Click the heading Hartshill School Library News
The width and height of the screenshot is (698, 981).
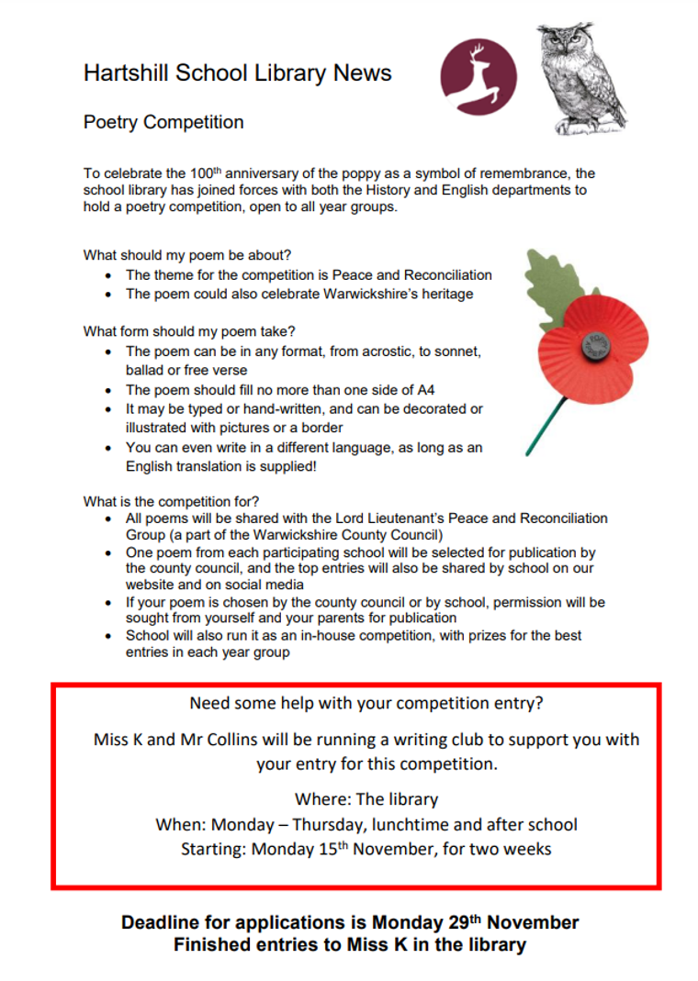[237, 74]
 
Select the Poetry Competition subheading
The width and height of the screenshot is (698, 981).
[163, 123]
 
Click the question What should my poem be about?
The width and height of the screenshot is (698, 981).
[194, 255]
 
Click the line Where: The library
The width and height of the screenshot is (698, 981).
[366, 799]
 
